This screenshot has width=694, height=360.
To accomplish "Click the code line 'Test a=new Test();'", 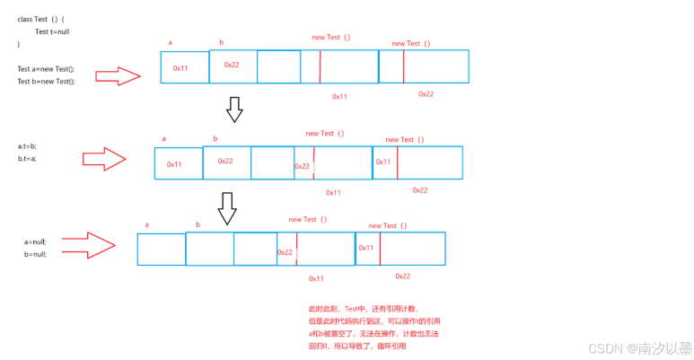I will [46, 69].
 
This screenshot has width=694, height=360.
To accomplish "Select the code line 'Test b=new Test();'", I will [46, 81].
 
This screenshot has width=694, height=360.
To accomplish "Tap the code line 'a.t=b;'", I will [28, 145].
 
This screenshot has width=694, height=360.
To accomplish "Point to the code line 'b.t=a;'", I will [28, 158].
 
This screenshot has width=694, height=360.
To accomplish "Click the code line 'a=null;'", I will [35, 241].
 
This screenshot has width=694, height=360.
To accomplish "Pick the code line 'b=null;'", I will [35, 254].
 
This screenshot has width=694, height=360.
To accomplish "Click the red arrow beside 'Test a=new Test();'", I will [118, 75].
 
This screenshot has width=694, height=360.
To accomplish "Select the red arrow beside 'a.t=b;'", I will [107, 159].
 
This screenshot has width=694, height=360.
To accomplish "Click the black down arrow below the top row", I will [234, 109].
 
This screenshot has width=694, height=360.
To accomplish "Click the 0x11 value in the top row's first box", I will [181, 68].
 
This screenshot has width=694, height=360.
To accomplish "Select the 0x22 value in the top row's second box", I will [232, 65].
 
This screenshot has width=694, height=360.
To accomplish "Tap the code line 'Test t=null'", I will [53, 31].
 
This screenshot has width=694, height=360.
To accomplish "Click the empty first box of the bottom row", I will [162, 250].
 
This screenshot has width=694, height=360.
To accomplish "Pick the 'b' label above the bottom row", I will [198, 224].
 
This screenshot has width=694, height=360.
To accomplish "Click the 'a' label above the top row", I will [171, 42].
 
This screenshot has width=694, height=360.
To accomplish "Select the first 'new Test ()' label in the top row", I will [331, 37].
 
